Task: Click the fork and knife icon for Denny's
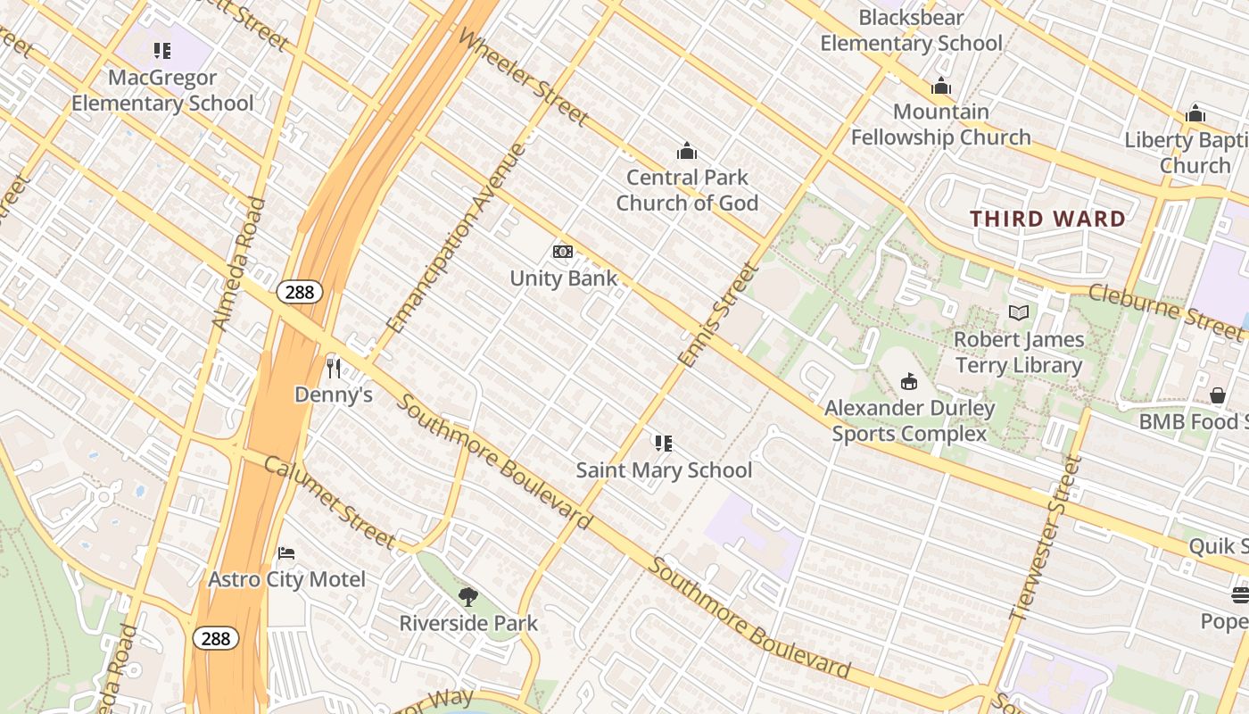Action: click(x=334, y=368)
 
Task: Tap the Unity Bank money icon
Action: click(x=562, y=252)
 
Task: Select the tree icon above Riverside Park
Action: click(x=467, y=596)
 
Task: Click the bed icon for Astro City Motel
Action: click(x=286, y=553)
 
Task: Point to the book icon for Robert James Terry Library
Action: click(x=1018, y=312)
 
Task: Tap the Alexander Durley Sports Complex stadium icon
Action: click(x=908, y=381)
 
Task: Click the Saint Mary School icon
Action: click(x=663, y=444)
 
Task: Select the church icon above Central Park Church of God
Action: click(x=686, y=151)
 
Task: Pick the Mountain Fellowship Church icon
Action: click(x=940, y=86)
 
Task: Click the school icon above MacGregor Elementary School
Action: click(x=161, y=51)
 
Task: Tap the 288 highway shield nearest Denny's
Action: click(x=299, y=292)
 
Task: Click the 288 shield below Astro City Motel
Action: click(x=215, y=638)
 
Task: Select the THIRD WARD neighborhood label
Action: click(x=1047, y=219)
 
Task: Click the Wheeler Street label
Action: click(x=524, y=78)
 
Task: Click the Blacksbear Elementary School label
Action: click(x=911, y=30)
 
